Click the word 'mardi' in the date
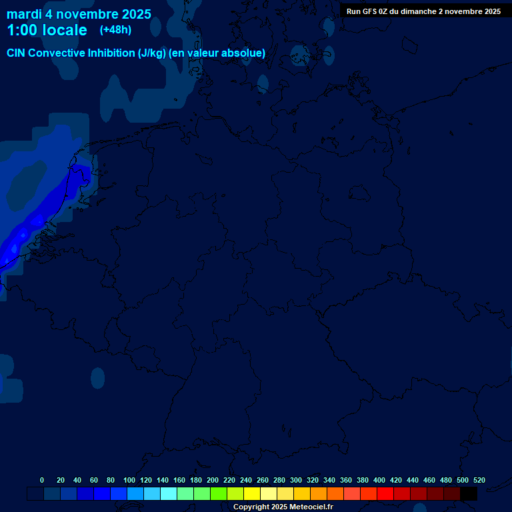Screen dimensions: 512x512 pyautogui.click(x=24, y=14)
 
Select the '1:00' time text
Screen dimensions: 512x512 pyautogui.click(x=21, y=30)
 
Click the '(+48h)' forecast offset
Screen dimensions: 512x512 pyautogui.click(x=115, y=29)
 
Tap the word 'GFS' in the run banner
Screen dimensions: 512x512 pyautogui.click(x=370, y=11)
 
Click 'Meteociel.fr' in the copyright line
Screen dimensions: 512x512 pyautogui.click(x=307, y=507)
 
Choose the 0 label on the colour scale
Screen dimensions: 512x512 pyautogui.click(x=42, y=480)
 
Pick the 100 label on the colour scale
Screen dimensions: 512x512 pyautogui.click(x=129, y=480)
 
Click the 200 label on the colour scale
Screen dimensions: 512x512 pyautogui.click(x=213, y=480)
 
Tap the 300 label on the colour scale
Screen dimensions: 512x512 pyautogui.click(x=296, y=480)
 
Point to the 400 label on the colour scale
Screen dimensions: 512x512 pyautogui.click(x=379, y=480)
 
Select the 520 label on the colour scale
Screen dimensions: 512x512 pyautogui.click(x=479, y=480)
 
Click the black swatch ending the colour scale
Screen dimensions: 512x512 pyautogui.click(x=469, y=494)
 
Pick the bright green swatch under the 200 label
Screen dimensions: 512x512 pyautogui.click(x=219, y=494)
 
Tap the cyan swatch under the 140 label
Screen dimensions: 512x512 pyautogui.click(x=169, y=494)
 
